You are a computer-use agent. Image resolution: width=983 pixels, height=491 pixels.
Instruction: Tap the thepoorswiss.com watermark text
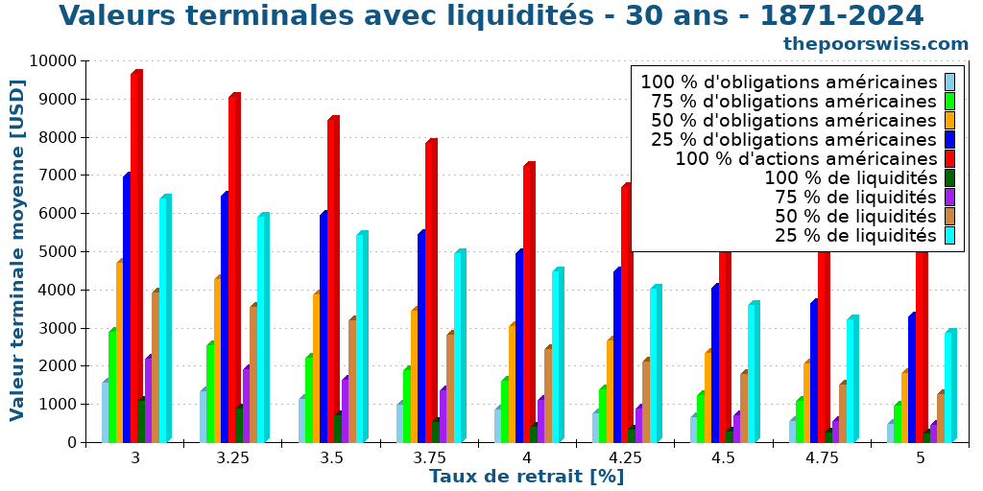875,44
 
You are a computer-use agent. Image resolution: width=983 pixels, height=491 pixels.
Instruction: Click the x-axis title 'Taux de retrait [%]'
526,477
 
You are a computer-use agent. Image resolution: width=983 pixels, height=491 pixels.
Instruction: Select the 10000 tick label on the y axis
52,61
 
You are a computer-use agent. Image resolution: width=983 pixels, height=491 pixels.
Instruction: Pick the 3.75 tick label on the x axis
429,458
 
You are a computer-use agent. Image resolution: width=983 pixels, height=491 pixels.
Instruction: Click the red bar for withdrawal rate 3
136,259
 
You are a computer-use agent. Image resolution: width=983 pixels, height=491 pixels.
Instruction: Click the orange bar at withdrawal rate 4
513,384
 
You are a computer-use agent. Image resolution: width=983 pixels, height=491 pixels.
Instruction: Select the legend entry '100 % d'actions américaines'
805,159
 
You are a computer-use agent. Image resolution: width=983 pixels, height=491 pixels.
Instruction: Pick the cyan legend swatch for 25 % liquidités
949,236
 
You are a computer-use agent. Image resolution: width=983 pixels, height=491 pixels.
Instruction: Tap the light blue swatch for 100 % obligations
949,82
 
